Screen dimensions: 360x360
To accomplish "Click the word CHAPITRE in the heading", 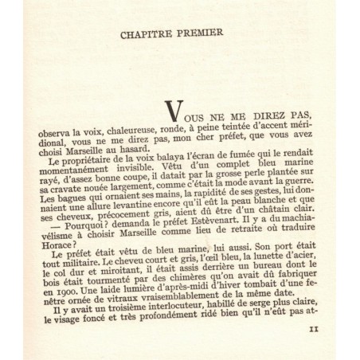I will (151, 35).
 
